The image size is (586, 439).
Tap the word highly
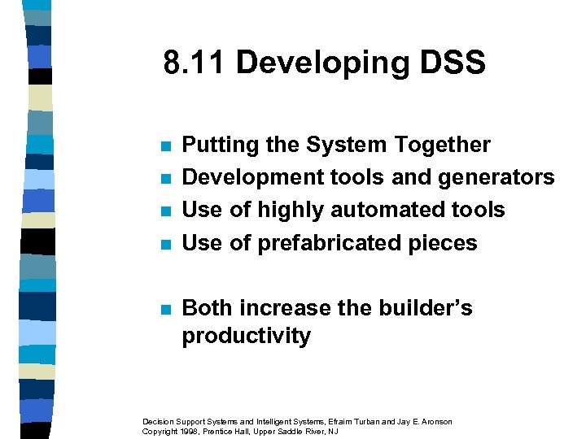(x=285, y=211)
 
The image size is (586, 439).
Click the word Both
(x=209, y=308)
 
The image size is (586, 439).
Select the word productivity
(x=246, y=336)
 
